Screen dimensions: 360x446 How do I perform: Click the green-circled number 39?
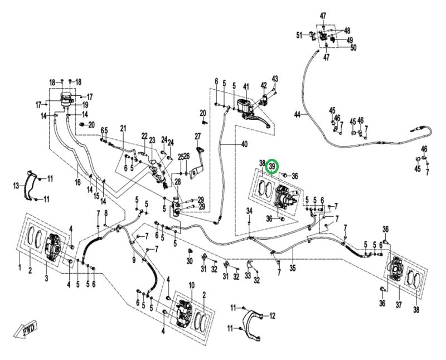coord(273,166)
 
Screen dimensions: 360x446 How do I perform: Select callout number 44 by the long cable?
coord(298,114)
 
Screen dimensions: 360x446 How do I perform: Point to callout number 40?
coord(244,144)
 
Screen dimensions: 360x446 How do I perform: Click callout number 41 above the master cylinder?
coord(245,86)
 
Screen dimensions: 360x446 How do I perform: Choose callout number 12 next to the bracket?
coord(272,316)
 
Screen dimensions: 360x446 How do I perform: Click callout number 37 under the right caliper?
coord(398,305)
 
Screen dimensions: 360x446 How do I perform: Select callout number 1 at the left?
coord(20,270)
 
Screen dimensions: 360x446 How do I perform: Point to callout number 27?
coord(197,137)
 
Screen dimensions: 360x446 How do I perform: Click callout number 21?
coord(123,129)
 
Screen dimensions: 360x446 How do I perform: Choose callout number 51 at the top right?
coord(299,35)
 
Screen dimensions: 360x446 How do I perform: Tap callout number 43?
coord(274,78)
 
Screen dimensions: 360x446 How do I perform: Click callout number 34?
coord(250,211)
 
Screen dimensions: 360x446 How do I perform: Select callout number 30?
coord(189,261)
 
